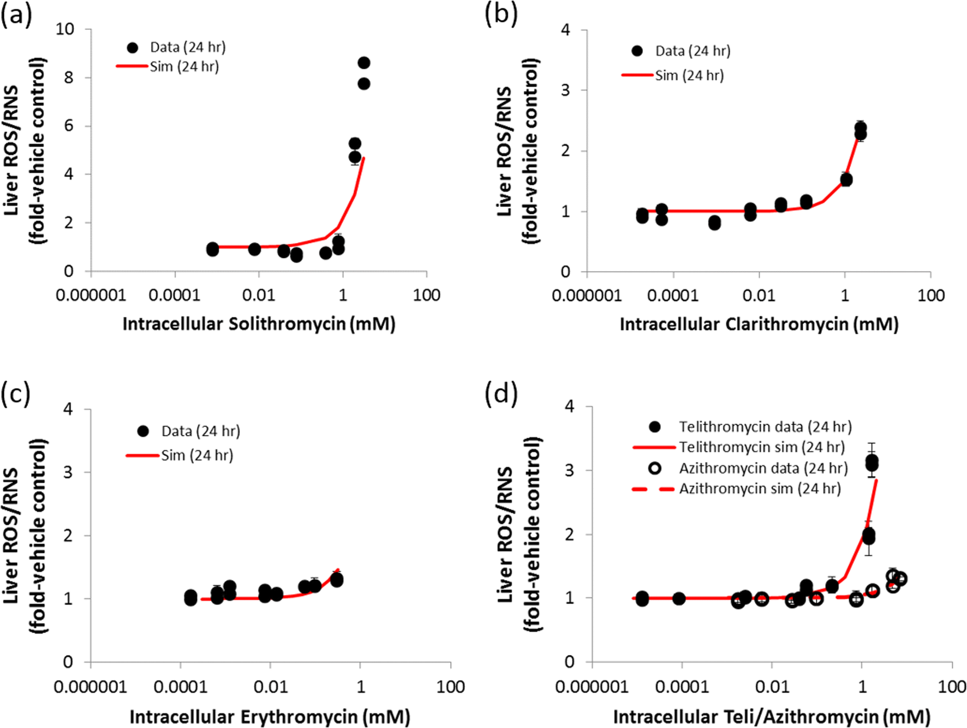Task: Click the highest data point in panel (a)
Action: coord(364,63)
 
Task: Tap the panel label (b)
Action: coord(500,14)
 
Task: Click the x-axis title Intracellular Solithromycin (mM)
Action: coord(259,324)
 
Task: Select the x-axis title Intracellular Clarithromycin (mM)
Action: coord(759,324)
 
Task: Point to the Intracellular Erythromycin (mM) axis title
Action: coord(270,717)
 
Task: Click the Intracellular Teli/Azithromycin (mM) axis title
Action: coord(772,717)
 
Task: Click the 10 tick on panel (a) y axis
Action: coord(65,29)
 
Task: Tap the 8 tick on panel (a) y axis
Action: coord(69,77)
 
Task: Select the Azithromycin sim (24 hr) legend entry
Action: coord(760,489)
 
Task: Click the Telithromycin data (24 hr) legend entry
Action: coord(765,426)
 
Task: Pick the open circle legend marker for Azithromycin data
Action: coord(655,468)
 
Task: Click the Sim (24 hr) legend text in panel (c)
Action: coord(197,455)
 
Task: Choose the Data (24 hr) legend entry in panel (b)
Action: coord(692,51)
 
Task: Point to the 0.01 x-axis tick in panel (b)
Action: coord(759,296)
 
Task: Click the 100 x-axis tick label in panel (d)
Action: coord(952,687)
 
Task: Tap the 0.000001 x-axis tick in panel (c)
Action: coord(91,687)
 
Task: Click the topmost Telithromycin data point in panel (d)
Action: coord(872,461)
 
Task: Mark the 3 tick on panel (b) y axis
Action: coord(565,90)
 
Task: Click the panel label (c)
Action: coord(15,394)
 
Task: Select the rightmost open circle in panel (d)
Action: coord(900,579)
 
